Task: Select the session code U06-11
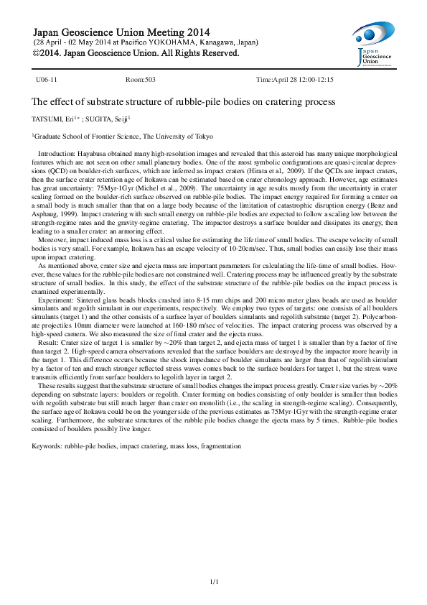tap(47, 80)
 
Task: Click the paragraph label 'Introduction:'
tap(55, 154)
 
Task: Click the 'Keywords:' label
tap(46, 446)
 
